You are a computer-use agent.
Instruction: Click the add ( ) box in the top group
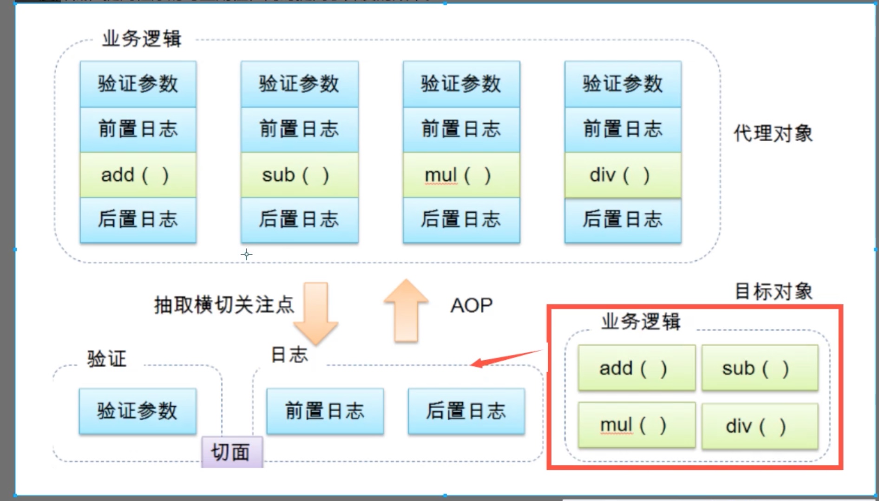[138, 175]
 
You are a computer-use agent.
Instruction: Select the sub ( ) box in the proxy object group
[299, 175]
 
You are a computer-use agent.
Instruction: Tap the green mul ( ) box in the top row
[461, 175]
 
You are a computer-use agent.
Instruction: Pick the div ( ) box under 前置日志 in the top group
[623, 175]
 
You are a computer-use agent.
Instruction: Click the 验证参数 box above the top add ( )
[138, 84]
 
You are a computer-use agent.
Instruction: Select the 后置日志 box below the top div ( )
[623, 219]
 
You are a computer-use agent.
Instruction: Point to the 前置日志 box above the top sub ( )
[299, 129]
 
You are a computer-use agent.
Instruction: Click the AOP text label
[471, 305]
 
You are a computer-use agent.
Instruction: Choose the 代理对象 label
[773, 133]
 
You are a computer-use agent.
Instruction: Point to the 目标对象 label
[773, 291]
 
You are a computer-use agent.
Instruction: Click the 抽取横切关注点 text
[224, 305]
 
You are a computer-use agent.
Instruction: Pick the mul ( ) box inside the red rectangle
[636, 425]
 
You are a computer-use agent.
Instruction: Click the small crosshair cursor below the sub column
[247, 254]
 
